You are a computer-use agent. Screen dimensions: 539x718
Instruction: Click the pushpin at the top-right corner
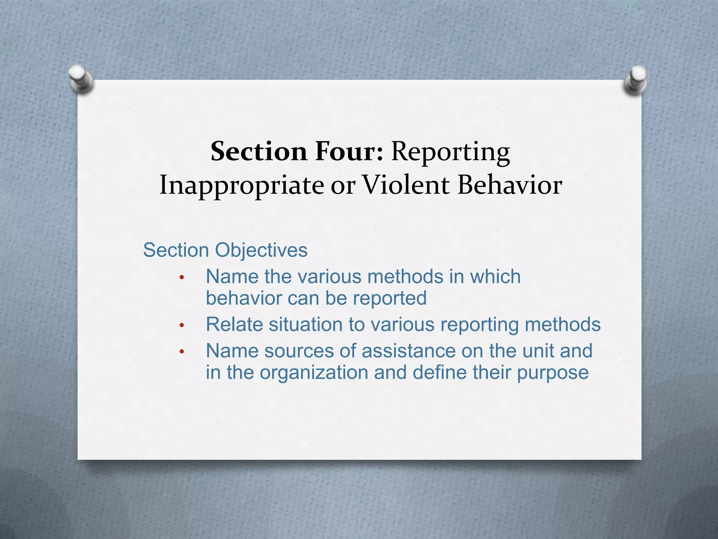pos(636,80)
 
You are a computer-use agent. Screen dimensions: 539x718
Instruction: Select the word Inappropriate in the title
pos(242,185)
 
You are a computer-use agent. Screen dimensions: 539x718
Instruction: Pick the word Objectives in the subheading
pos(261,251)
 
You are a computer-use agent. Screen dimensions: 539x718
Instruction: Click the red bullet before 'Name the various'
pos(181,278)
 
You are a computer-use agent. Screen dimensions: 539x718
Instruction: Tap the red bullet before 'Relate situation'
pos(181,325)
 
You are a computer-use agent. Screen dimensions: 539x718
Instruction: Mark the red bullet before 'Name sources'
pos(181,351)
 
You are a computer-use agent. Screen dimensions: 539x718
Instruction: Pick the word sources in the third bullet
pos(299,351)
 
